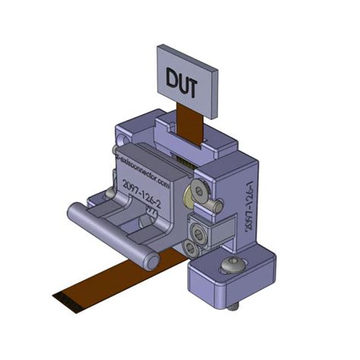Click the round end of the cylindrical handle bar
pos(152,263)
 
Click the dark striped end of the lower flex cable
pos(68,301)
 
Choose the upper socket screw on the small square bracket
pos(200,227)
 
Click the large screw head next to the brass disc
pos(202,190)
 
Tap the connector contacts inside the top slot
pos(182,160)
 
